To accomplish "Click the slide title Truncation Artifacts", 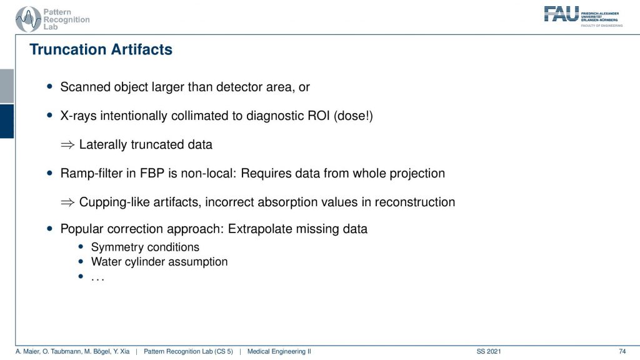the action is tap(101, 49).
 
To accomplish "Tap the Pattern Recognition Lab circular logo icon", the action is tap(28, 19).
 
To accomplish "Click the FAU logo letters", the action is tap(561, 14).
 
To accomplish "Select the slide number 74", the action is tap(622, 351).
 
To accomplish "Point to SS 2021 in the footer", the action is tap(489, 351).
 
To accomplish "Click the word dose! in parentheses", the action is tap(353, 116).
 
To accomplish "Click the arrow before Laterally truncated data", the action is tap(67, 145).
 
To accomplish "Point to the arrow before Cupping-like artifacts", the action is tap(67, 202).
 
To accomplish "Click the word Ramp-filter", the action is tap(91, 174).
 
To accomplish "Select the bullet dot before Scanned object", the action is tap(50, 86).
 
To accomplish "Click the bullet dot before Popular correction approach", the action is tap(50, 229).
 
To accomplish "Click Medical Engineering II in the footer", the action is tap(279, 351).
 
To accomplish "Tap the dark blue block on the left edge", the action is tap(7, 121).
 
